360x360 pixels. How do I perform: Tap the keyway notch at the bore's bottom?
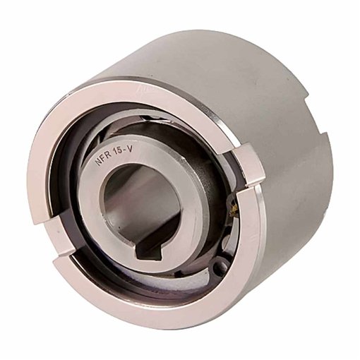point(145,249)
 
